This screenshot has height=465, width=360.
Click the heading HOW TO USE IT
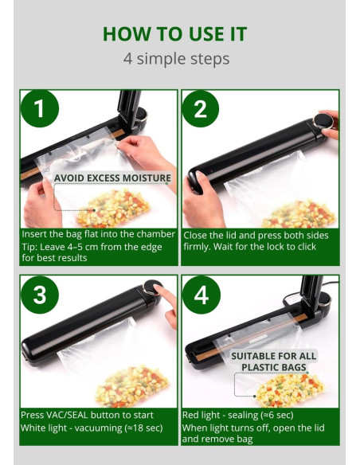click(174, 33)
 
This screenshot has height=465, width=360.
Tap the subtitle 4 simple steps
click(176, 58)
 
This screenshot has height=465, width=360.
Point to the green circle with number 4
click(200, 294)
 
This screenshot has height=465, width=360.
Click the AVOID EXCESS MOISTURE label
click(112, 178)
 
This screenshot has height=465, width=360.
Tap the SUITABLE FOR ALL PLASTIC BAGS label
click(274, 361)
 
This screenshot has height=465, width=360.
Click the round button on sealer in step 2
click(321, 121)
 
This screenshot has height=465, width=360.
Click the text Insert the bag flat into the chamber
click(96, 235)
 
